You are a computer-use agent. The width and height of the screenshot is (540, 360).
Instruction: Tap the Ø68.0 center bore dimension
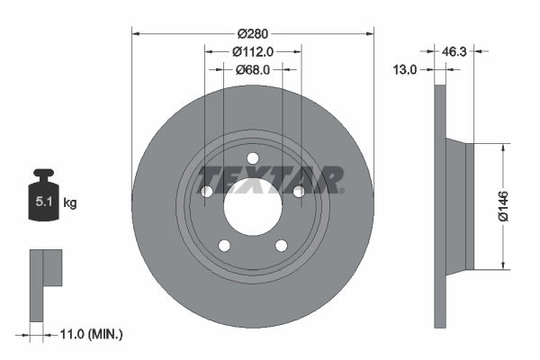pos(253,69)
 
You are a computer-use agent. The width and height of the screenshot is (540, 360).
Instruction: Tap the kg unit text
pos(70,203)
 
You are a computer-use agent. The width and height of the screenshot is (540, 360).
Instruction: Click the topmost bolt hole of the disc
pos(253,159)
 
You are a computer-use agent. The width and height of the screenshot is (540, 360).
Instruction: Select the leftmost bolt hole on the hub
pos(207,191)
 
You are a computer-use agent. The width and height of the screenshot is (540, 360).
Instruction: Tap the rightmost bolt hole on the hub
pos(298,191)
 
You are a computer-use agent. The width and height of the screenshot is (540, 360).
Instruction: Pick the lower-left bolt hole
pos(225,245)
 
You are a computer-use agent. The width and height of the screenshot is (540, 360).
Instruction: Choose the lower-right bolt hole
pos(281,245)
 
